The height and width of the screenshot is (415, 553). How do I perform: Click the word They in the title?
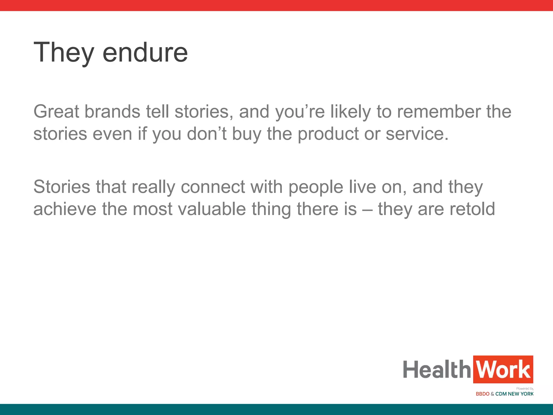tap(64, 53)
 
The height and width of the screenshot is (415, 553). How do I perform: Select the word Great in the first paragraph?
tap(56, 112)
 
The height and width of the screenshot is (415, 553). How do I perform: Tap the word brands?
tap(112, 112)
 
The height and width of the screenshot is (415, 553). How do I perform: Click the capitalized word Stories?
tap(62, 187)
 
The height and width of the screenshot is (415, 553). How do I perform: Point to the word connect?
tap(213, 187)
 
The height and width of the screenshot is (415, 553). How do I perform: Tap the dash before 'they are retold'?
tap(367, 210)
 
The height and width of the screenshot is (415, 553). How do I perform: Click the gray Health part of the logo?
tap(437, 369)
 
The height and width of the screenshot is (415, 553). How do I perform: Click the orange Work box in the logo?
tap(503, 369)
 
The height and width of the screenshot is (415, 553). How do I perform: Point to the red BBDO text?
tap(483, 394)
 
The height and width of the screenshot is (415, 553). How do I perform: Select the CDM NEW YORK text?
tap(514, 394)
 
